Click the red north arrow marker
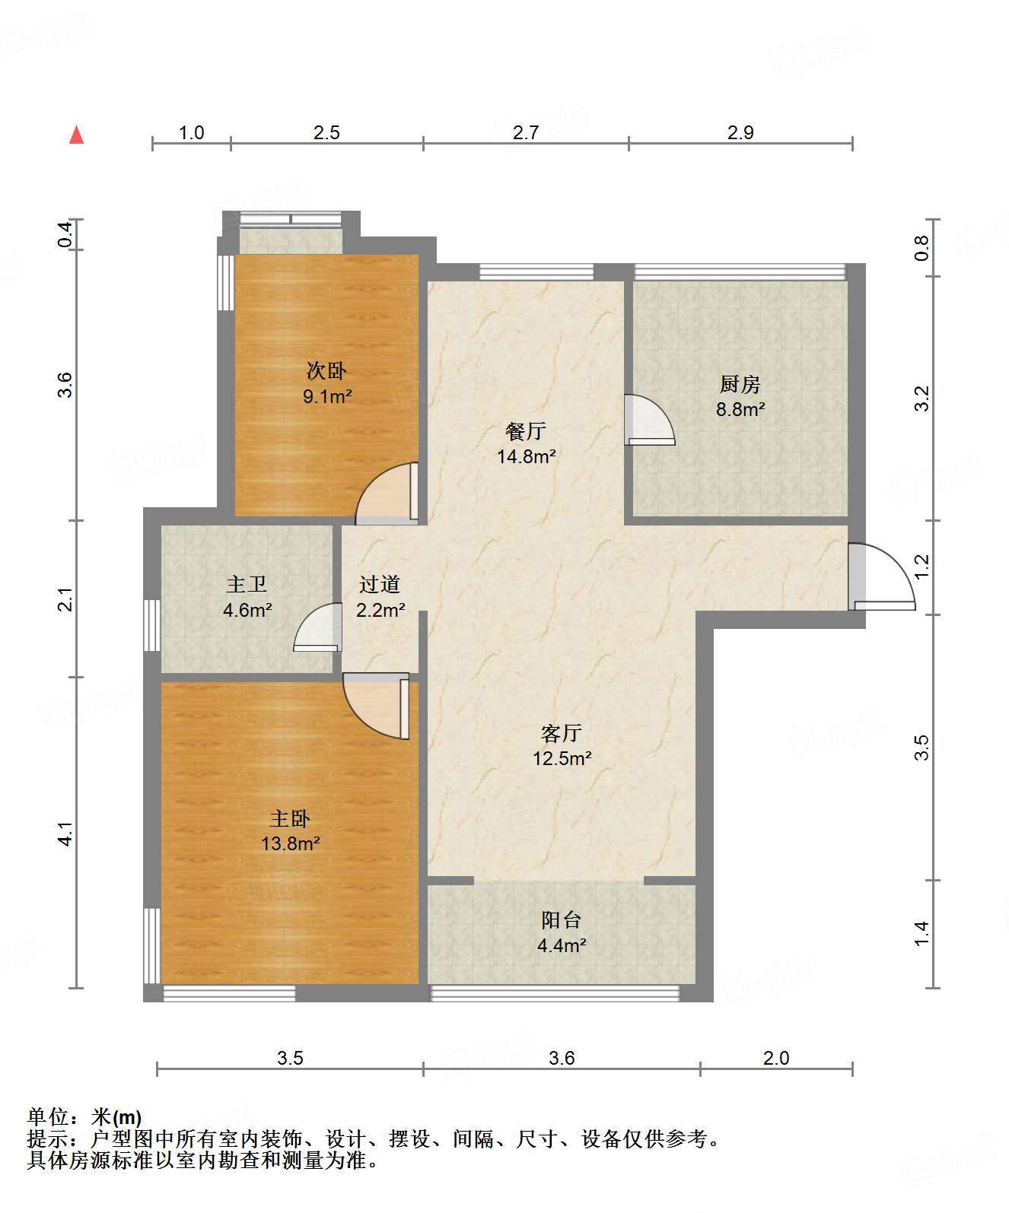(x=77, y=135)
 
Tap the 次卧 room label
(x=326, y=370)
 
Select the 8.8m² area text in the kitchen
(x=740, y=410)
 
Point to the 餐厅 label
(x=525, y=431)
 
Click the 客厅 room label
(x=562, y=733)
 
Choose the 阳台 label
(x=562, y=919)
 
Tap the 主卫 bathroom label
(x=247, y=584)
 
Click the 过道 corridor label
(x=380, y=584)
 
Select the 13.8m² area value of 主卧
(x=290, y=843)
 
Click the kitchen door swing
(x=650, y=420)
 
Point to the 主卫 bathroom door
(x=317, y=627)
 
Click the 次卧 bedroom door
(x=387, y=494)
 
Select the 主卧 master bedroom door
(x=376, y=706)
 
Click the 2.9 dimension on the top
(x=740, y=132)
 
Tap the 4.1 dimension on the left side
(x=66, y=834)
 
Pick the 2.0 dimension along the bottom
(x=776, y=1058)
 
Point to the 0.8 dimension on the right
(x=921, y=248)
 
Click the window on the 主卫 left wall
(x=152, y=625)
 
